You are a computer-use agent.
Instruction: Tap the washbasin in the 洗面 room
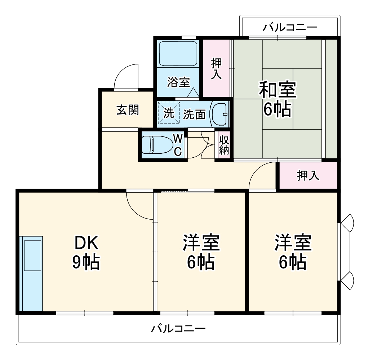click(x=219, y=114)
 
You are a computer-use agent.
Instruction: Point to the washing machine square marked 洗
click(x=169, y=113)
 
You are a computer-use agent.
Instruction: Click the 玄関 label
click(x=127, y=110)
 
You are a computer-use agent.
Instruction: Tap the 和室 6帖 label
click(x=278, y=99)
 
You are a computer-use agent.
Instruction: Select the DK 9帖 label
click(x=86, y=253)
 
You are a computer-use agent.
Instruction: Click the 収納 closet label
click(x=224, y=145)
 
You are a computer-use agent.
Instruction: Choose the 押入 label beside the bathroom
click(x=216, y=69)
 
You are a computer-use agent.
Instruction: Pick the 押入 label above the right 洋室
click(x=308, y=175)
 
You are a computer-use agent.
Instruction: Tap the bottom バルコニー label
click(x=178, y=329)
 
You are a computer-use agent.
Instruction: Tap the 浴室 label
click(x=178, y=82)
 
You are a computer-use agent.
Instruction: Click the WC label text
click(x=178, y=145)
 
